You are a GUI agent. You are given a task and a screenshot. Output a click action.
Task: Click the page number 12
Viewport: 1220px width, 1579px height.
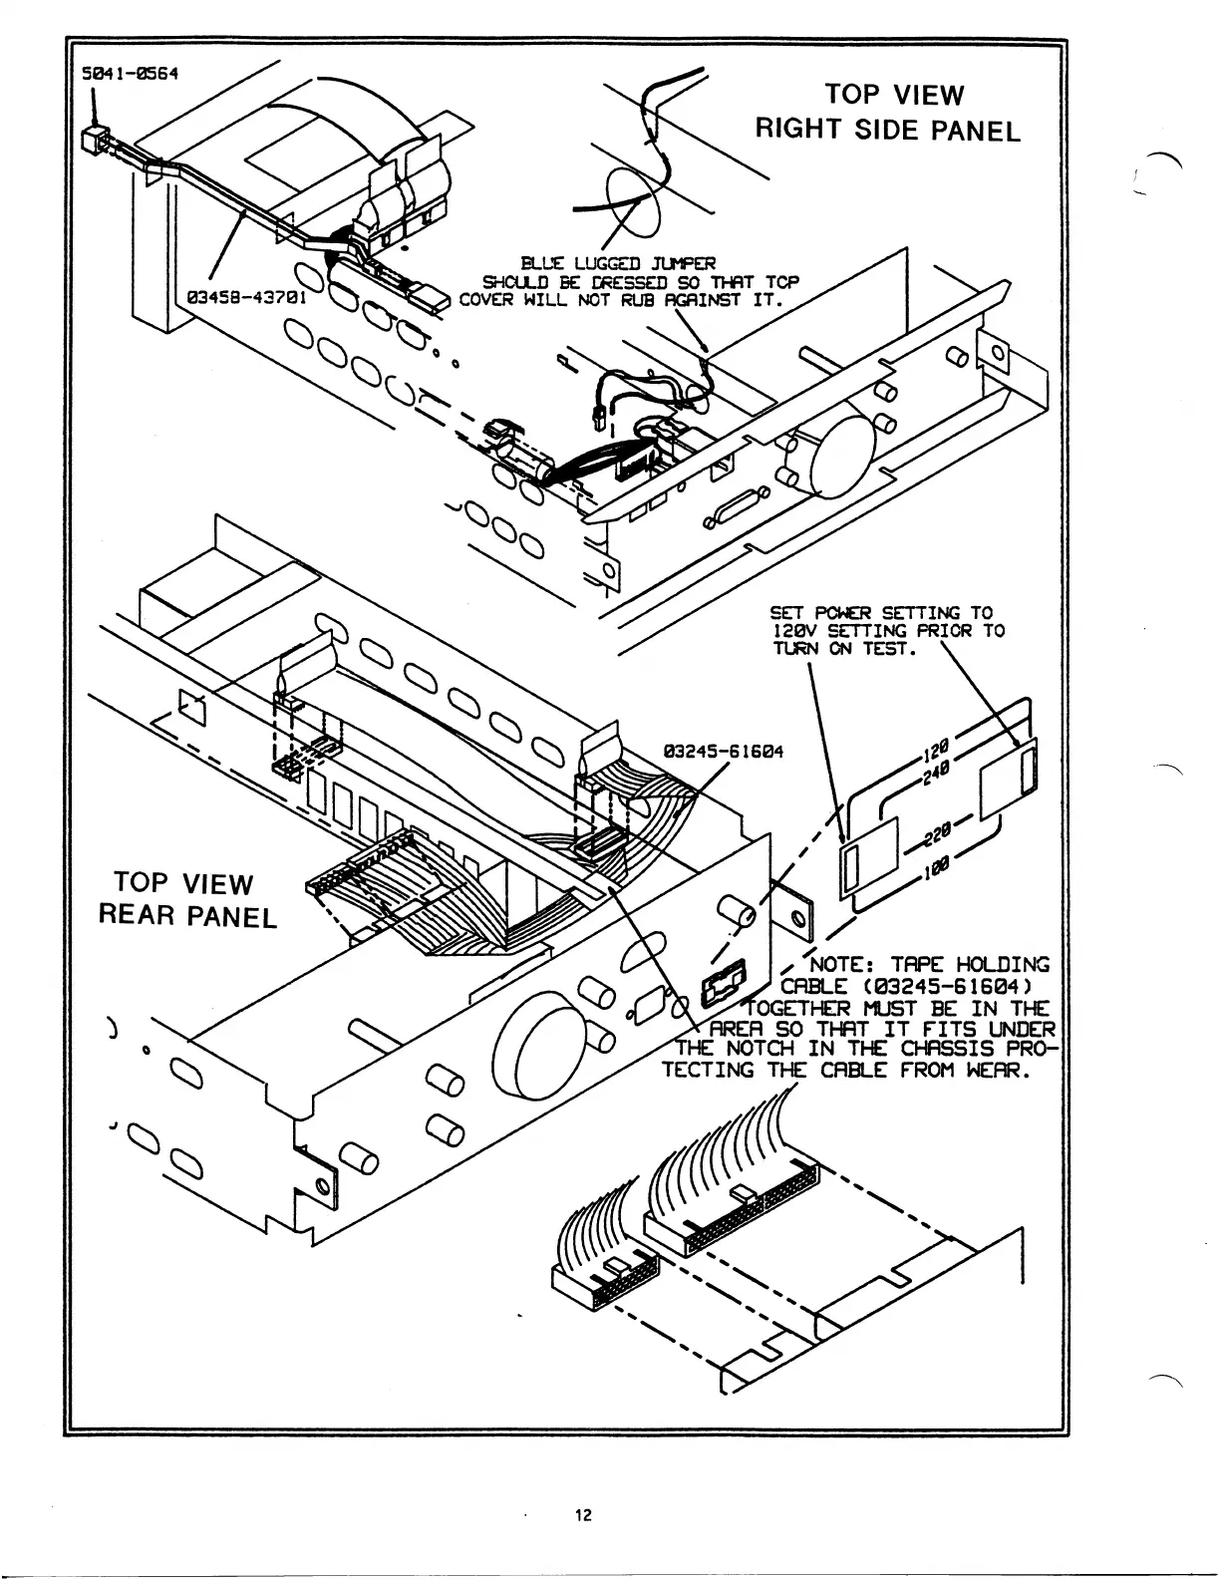pyautogui.click(x=583, y=1516)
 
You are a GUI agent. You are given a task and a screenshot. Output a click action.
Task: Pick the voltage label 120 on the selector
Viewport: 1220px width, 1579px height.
pyautogui.click(x=936, y=748)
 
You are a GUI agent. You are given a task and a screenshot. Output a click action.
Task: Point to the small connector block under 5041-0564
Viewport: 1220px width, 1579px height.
pyautogui.click(x=96, y=138)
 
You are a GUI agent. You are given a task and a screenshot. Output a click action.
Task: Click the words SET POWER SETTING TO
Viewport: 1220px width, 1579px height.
pyautogui.click(x=881, y=613)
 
